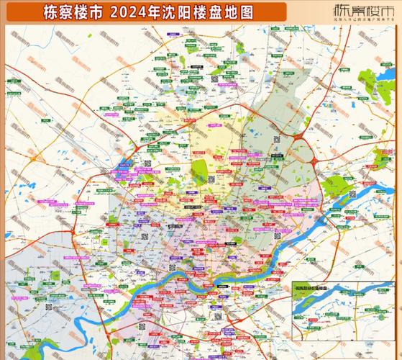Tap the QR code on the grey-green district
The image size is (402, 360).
click(x=276, y=140)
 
